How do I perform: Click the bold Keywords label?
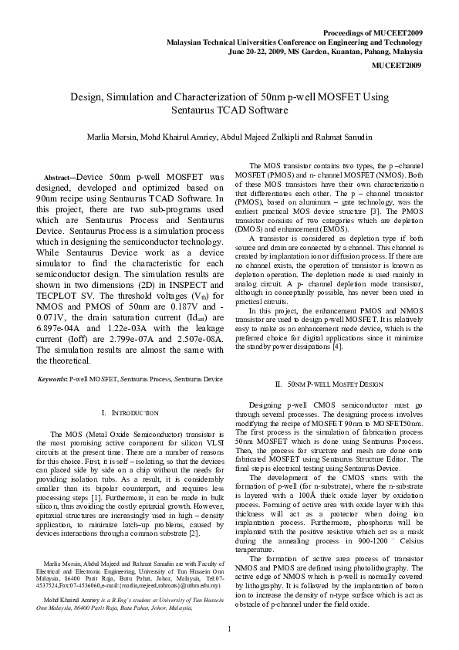tap(52, 379)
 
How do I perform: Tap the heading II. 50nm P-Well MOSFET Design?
tap(329, 384)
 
